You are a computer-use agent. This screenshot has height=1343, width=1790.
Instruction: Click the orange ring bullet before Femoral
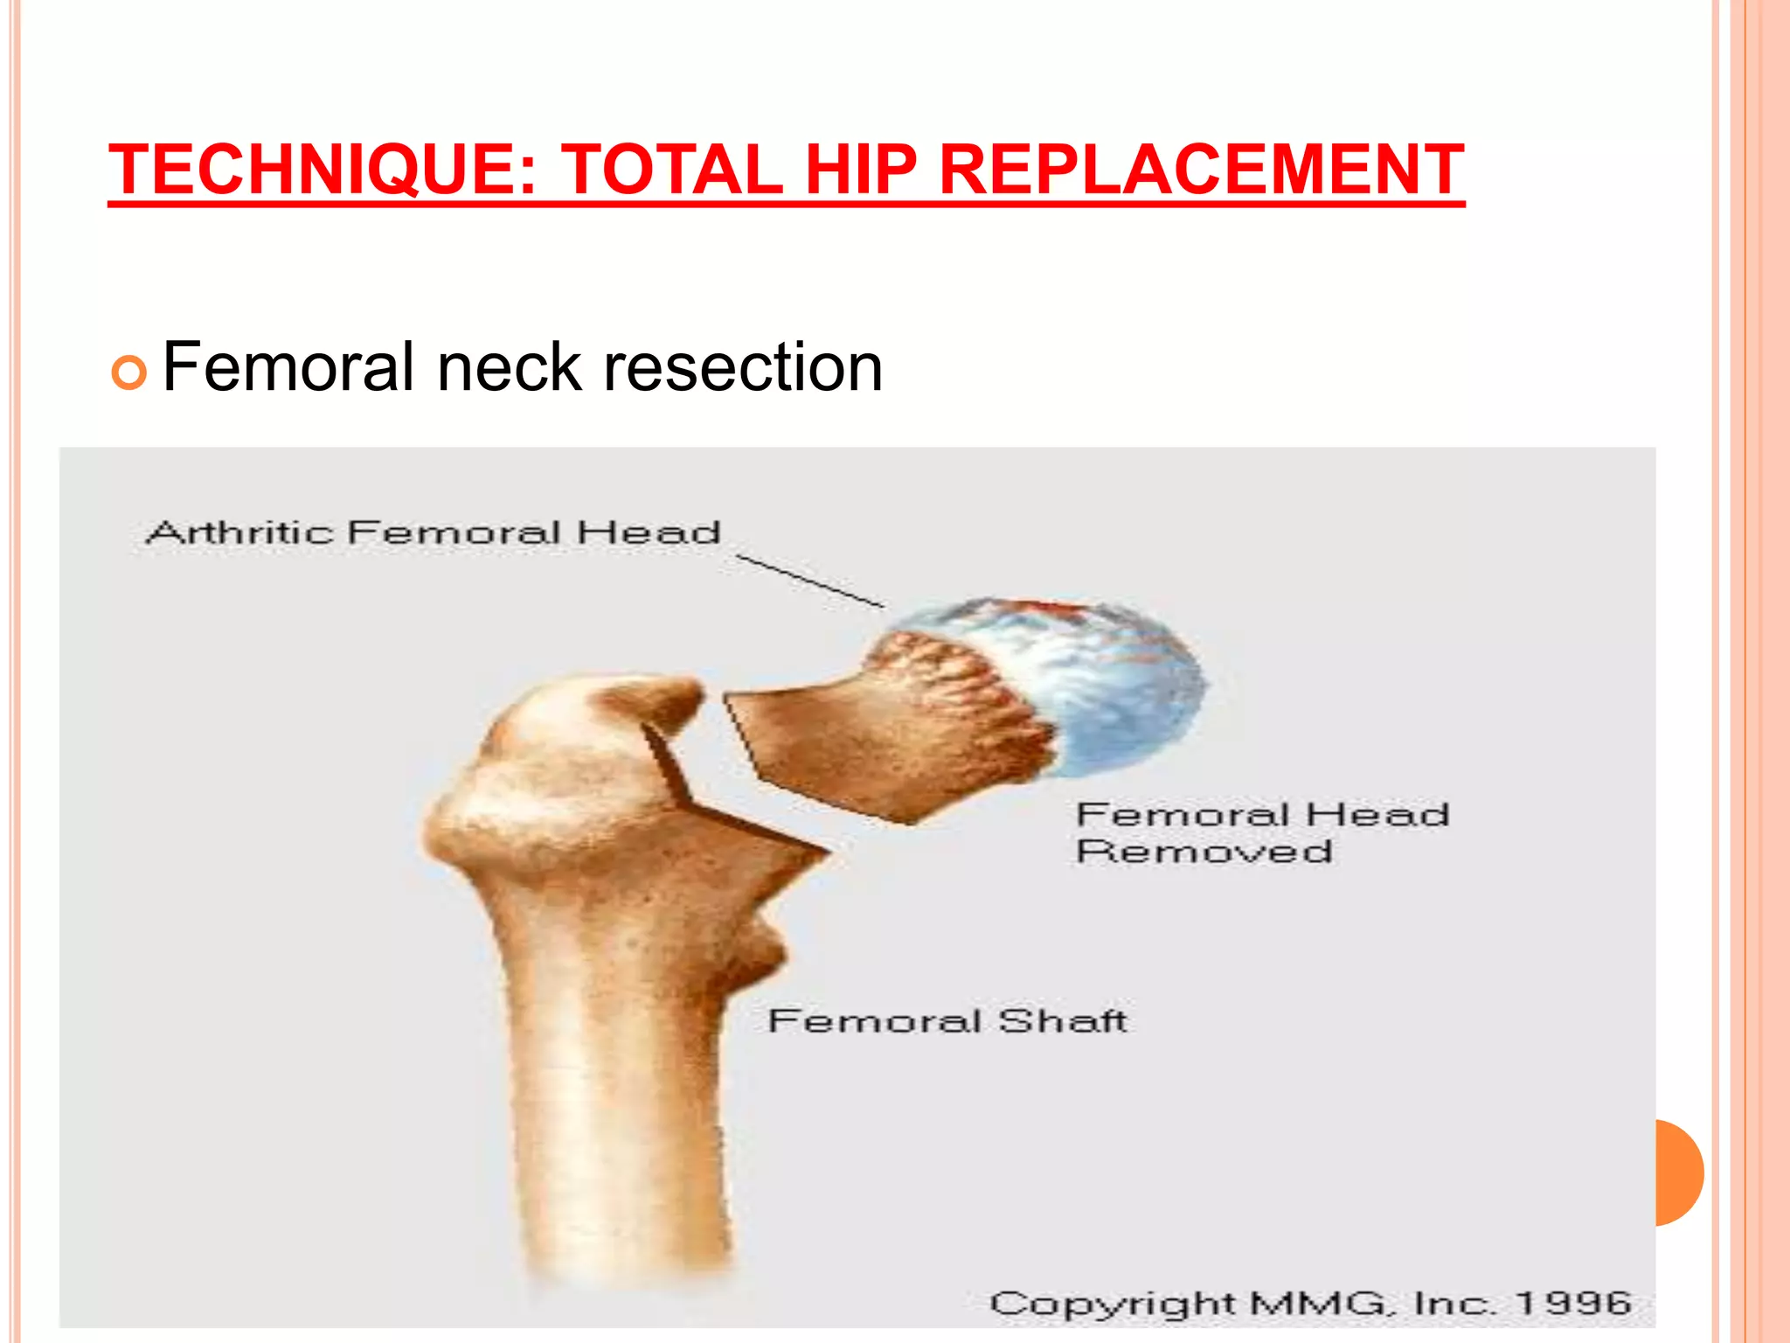[x=128, y=373]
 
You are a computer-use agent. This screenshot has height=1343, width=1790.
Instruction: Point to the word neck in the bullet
[x=510, y=367]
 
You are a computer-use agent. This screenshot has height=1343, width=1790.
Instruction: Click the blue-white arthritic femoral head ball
[x=1110, y=682]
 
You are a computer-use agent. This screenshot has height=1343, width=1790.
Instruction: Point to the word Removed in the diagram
[x=1204, y=851]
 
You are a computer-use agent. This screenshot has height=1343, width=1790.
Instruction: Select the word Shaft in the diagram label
[x=1062, y=1020]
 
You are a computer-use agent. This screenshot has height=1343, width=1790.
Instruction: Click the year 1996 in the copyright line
[x=1573, y=1303]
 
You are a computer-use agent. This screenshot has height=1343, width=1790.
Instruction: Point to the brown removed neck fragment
[x=874, y=743]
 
